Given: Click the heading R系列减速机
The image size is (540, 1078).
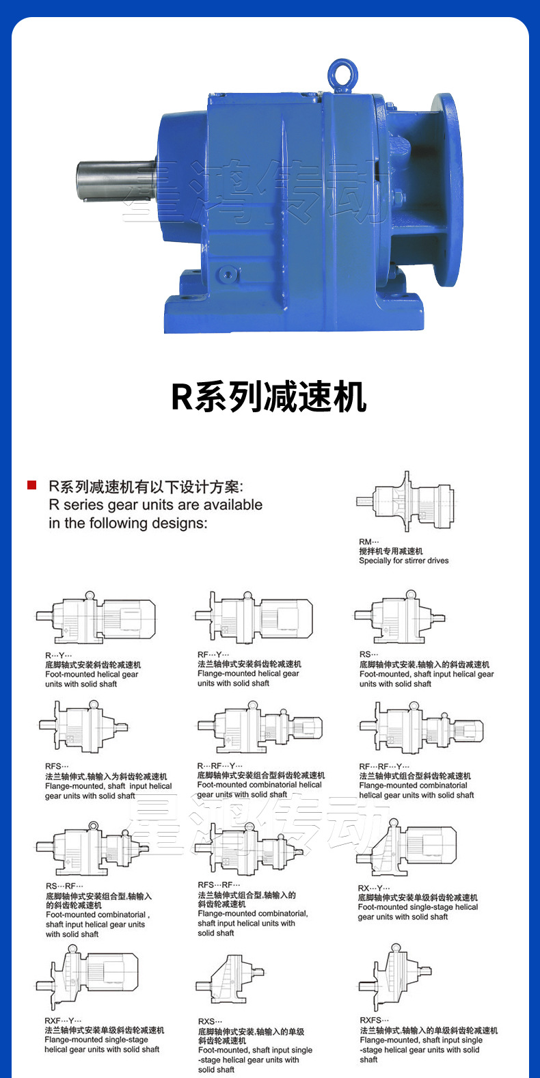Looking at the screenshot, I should coord(269,396).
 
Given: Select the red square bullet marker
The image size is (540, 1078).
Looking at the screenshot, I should coord(31,485).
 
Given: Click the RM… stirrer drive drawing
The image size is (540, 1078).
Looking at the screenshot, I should coord(406,502).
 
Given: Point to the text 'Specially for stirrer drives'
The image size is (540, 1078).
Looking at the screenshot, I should coord(404,561).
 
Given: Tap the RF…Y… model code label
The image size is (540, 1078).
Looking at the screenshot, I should coord(213,654).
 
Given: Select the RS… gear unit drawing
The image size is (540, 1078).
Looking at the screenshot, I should coord(401,617).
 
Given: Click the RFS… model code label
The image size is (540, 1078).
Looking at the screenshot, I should coord(57,766).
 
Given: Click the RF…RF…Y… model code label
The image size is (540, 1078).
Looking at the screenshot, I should coord(384,766).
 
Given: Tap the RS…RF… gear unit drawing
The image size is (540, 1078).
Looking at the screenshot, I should coord(92,848).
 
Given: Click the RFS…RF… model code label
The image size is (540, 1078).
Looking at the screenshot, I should coord(219,885).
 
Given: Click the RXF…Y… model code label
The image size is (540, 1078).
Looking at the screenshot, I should coord(63,1021).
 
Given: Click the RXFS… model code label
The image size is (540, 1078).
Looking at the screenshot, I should coord(375,1021).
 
